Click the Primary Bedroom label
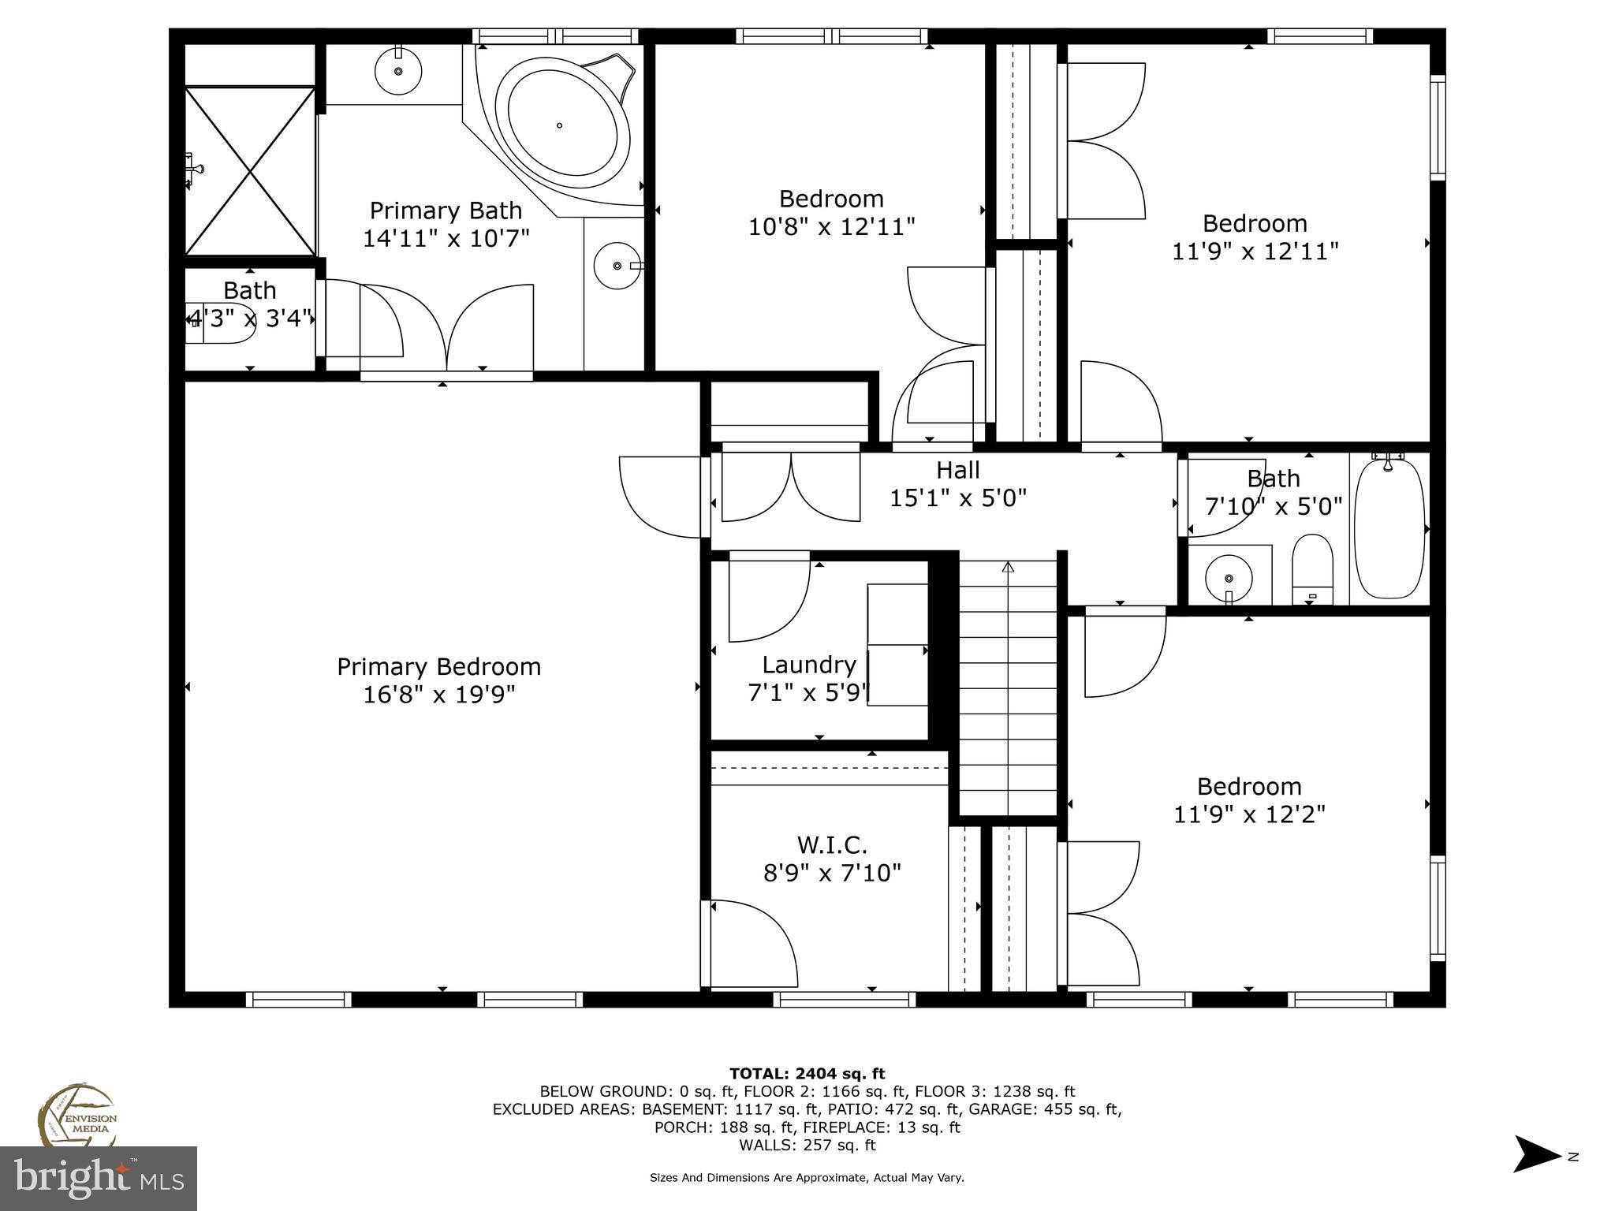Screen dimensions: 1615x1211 pyautogui.click(x=439, y=667)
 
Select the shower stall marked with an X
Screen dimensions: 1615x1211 pyautogui.click(x=250, y=170)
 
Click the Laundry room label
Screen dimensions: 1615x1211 pyautogui.click(x=809, y=665)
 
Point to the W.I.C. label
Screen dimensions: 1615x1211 pyautogui.click(x=832, y=845)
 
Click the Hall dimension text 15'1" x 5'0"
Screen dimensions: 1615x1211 pyautogui.click(x=958, y=498)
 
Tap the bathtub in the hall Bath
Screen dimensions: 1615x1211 pyautogui.click(x=1389, y=528)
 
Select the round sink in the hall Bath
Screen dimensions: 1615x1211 pyautogui.click(x=1229, y=577)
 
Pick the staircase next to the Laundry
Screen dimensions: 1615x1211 pyautogui.click(x=1008, y=687)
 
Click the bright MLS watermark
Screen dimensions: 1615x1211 pyautogui.click(x=99, y=1179)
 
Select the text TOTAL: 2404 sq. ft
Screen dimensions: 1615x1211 pyautogui.click(x=807, y=1074)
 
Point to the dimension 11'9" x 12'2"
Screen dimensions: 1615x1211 pyautogui.click(x=1249, y=814)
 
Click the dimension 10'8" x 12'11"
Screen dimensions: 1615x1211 pyautogui.click(x=831, y=227)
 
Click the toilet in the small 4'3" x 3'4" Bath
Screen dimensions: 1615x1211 pyautogui.click(x=222, y=323)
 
